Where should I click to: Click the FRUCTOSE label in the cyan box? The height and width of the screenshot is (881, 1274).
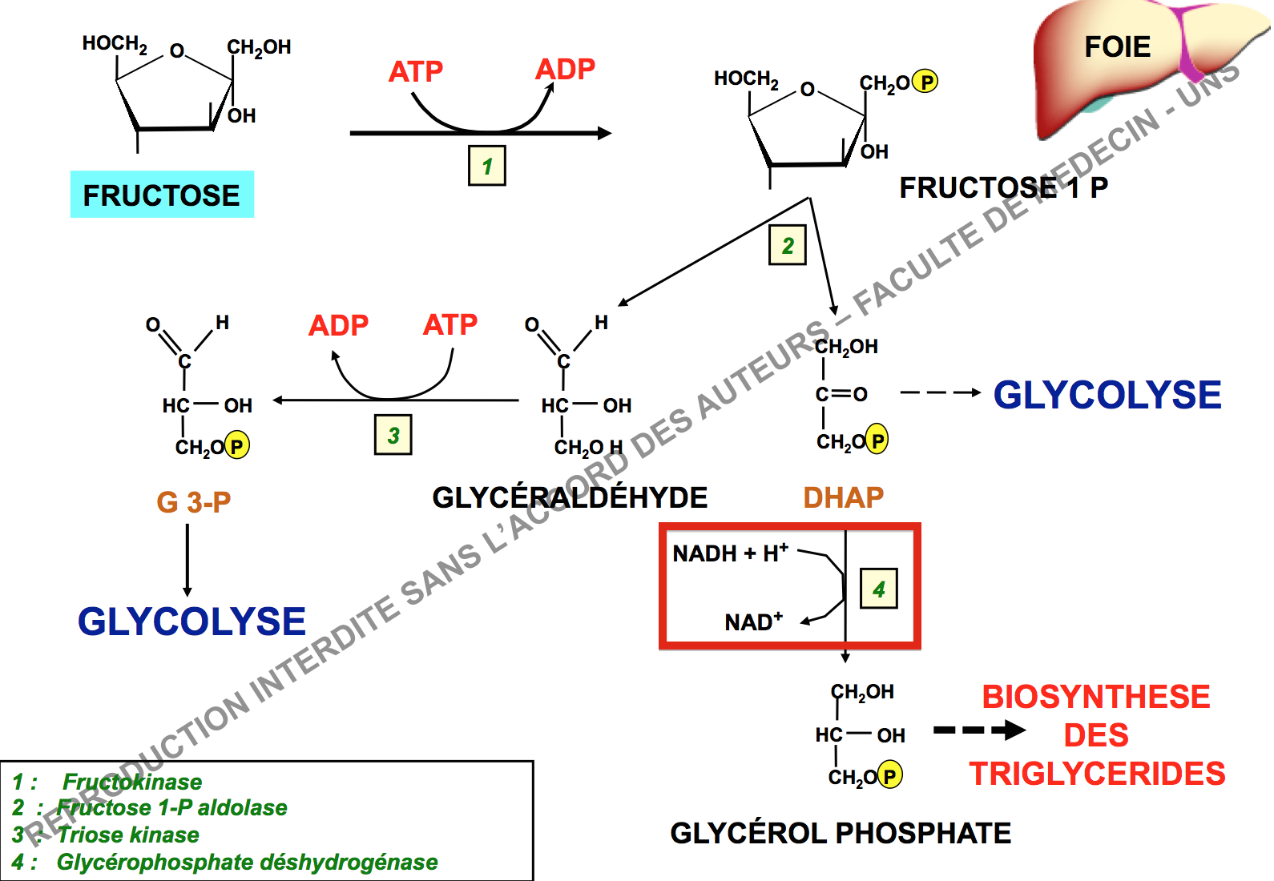tap(162, 195)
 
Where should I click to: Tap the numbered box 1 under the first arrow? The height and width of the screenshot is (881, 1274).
tap(486, 166)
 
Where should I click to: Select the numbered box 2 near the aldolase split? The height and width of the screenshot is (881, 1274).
tap(787, 245)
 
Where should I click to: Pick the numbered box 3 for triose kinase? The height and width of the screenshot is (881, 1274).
tap(393, 435)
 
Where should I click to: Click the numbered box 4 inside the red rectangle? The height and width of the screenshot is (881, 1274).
tap(878, 589)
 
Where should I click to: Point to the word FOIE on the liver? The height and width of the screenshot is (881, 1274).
tap(1117, 47)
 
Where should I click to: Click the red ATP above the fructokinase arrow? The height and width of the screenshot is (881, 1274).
tap(415, 72)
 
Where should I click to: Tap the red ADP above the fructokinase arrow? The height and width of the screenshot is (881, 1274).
tap(565, 70)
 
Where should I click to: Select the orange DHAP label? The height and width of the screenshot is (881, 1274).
tap(843, 497)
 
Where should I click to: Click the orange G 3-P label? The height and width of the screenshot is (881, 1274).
tap(194, 502)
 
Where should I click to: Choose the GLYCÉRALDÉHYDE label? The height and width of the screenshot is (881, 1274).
tap(570, 497)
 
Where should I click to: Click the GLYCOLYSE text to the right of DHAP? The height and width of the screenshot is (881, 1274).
tap(1107, 395)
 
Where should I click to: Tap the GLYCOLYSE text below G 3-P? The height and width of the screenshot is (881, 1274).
tap(192, 622)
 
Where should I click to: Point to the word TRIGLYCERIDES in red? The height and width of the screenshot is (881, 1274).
tap(1097, 774)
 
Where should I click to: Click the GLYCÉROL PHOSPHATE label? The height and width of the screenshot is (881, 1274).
tap(841, 833)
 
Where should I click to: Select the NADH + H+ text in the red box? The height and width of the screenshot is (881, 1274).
tap(730, 553)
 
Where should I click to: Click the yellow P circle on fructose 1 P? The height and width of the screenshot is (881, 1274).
tap(925, 82)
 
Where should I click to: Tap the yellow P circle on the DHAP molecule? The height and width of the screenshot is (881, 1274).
tap(877, 440)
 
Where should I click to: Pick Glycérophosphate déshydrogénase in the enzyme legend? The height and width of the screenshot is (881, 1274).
tap(247, 862)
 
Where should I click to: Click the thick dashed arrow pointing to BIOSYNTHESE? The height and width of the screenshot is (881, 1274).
tap(979, 730)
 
